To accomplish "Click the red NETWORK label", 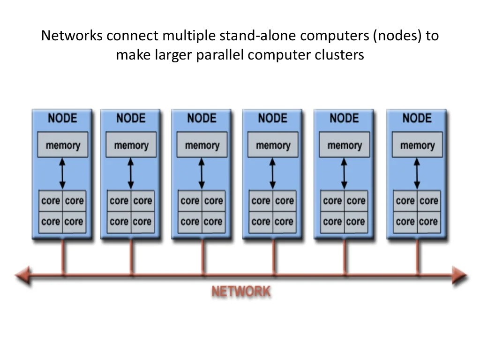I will click(x=241, y=292).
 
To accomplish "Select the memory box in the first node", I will click(x=62, y=145).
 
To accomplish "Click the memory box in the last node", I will click(x=417, y=145).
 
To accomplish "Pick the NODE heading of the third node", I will click(x=202, y=118).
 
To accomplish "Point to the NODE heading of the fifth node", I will click(x=344, y=118).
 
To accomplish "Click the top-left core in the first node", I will click(x=51, y=201).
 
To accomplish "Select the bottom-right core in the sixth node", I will click(x=428, y=221).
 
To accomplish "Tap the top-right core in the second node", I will click(x=142, y=201).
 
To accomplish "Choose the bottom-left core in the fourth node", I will click(x=261, y=221).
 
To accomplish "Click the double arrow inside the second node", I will click(x=131, y=173).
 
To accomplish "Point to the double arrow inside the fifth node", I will click(x=344, y=173).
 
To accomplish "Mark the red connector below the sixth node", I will click(x=417, y=256).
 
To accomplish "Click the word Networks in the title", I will click(x=71, y=36).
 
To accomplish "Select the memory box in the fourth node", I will click(x=272, y=145).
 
